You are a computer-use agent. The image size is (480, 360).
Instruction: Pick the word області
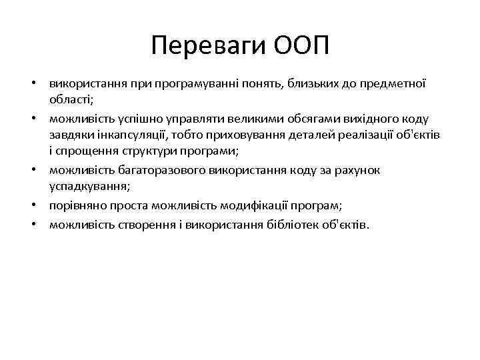pos(71,99)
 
